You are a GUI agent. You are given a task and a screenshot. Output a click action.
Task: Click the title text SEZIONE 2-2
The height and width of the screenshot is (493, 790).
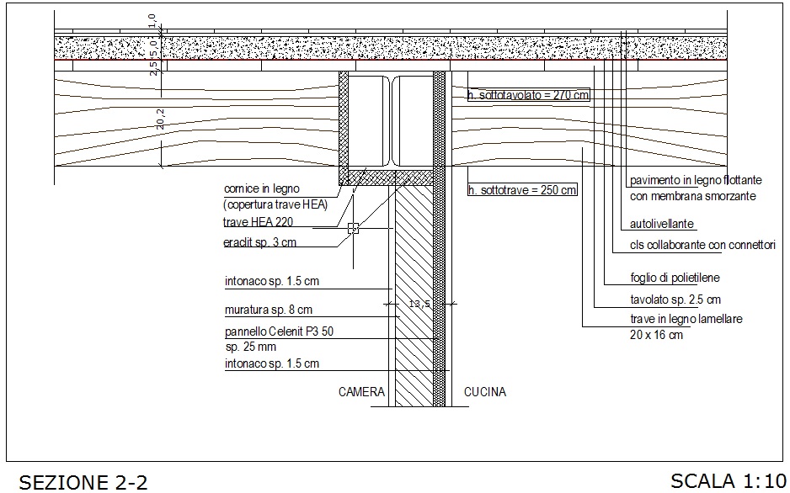pyautogui.click(x=83, y=482)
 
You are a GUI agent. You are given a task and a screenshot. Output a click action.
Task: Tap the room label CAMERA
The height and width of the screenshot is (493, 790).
pyautogui.click(x=361, y=392)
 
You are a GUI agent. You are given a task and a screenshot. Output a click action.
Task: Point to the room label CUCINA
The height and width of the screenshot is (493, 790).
pyautogui.click(x=485, y=392)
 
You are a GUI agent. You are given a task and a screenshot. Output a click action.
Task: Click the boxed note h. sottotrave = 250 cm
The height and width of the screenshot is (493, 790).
pyautogui.click(x=522, y=190)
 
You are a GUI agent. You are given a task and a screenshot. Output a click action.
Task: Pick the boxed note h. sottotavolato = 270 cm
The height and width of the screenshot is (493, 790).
pyautogui.click(x=528, y=95)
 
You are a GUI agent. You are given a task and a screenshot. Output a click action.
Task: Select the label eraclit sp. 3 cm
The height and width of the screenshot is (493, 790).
pyautogui.click(x=259, y=243)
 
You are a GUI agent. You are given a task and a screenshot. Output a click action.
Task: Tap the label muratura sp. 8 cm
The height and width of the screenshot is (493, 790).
pyautogui.click(x=268, y=310)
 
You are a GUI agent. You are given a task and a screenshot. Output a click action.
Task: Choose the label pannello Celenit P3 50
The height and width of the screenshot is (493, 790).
pyautogui.click(x=279, y=331)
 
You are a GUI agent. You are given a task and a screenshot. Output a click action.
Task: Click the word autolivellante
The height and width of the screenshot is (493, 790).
pyautogui.click(x=662, y=225)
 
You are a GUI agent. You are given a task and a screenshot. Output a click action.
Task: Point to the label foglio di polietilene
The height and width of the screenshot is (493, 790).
pyautogui.click(x=675, y=278)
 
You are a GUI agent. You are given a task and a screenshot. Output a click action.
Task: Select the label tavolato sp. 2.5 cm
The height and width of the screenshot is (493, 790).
pyautogui.click(x=675, y=300)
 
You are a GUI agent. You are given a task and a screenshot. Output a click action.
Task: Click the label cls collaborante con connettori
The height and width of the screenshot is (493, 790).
pyautogui.click(x=702, y=246)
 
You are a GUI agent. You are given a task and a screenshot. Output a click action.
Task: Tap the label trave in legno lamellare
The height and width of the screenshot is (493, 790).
pyautogui.click(x=686, y=320)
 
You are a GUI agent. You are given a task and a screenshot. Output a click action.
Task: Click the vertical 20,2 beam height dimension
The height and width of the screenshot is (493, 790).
pyautogui.click(x=159, y=123)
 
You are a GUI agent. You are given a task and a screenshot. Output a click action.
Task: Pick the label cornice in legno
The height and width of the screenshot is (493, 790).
pyautogui.click(x=261, y=188)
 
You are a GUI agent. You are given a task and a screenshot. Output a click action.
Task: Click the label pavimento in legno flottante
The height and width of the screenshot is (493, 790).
pyautogui.click(x=696, y=180)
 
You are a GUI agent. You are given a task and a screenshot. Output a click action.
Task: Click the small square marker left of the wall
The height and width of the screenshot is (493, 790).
pyautogui.click(x=353, y=227)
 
